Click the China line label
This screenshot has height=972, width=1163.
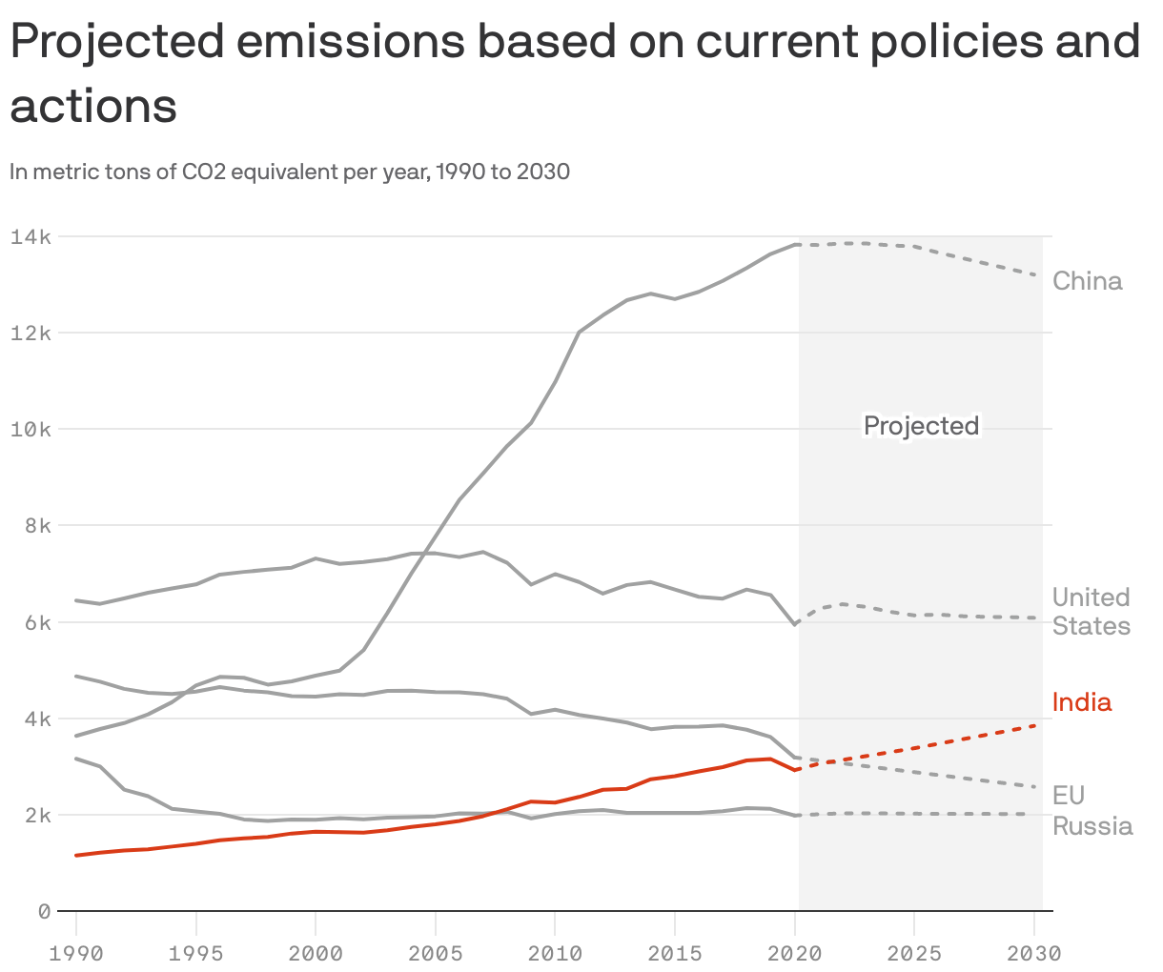pos(1087,281)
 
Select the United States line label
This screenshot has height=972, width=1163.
pos(1091,612)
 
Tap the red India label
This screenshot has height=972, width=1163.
pos(1081,702)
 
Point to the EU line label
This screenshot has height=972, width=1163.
pos(1068,796)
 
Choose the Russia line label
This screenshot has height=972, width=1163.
pos(1092,825)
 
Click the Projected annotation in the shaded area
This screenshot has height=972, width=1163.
pos(921,425)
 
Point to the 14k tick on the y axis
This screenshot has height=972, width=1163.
pos(31,236)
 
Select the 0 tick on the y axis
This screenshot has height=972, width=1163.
pos(44,912)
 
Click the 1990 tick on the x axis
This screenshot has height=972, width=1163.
pos(76,953)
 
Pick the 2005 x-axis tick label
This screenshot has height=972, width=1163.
pos(435,953)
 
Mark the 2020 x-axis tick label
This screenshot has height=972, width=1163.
pos(794,953)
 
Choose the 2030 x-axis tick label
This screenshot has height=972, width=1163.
pos(1033,953)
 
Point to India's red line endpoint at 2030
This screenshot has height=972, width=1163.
pos(1035,725)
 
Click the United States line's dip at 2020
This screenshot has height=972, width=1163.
pos(794,624)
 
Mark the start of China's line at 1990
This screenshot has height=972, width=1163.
pos(76,736)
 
